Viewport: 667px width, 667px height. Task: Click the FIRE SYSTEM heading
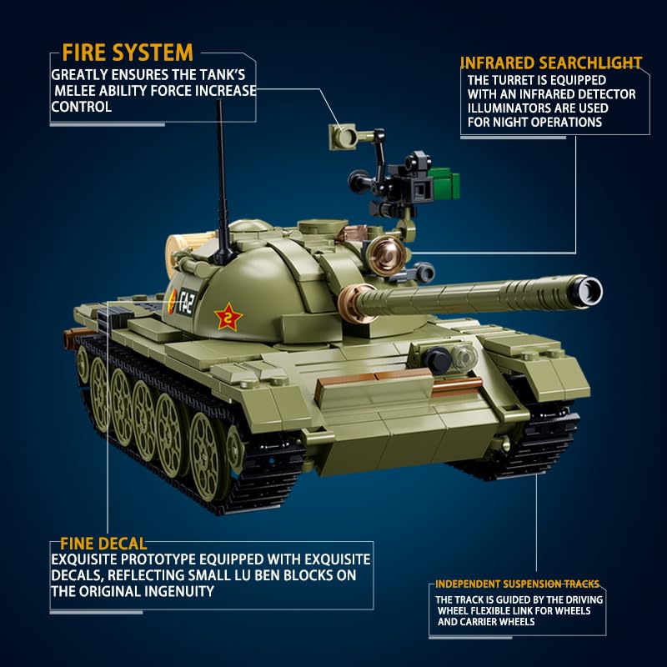click(128, 53)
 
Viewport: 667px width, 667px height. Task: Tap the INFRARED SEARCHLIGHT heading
click(551, 63)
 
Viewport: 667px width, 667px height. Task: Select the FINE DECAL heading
click(103, 544)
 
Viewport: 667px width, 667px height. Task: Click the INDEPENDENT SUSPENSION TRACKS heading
click(517, 584)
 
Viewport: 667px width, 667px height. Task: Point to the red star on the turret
click(228, 317)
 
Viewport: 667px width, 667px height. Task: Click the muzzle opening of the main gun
click(589, 291)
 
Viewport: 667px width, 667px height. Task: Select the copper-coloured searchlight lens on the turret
click(386, 256)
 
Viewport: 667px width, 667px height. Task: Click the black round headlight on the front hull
click(437, 360)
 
